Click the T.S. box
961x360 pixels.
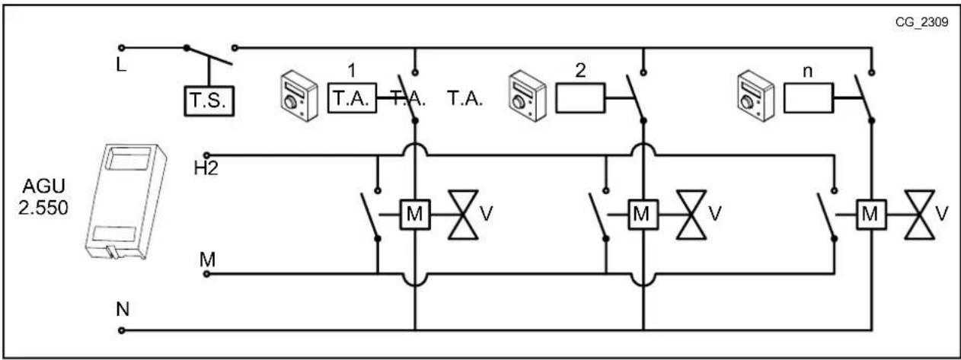pos(209,100)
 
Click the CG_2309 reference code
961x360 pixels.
pos(921,22)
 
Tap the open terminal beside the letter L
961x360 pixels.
pos(122,48)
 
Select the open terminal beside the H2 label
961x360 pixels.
pos(207,155)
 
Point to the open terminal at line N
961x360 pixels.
pos(122,330)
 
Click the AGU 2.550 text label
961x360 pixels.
pos(43,196)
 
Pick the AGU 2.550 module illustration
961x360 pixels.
pos(126,202)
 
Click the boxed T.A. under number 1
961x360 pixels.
pos(353,98)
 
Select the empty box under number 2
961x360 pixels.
pos(580,98)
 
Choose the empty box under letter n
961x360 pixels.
pos(809,98)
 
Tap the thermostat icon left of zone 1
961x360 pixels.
pos(299,96)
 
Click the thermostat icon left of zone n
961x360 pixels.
pos(755,96)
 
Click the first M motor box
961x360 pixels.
pos(415,215)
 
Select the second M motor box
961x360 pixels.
pos(643,215)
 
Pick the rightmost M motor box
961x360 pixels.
pos(871,215)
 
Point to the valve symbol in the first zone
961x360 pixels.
pos(463,215)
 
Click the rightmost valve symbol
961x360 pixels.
pos(920,215)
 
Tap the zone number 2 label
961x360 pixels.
pos(580,70)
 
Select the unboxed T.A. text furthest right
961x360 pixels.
pos(465,99)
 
